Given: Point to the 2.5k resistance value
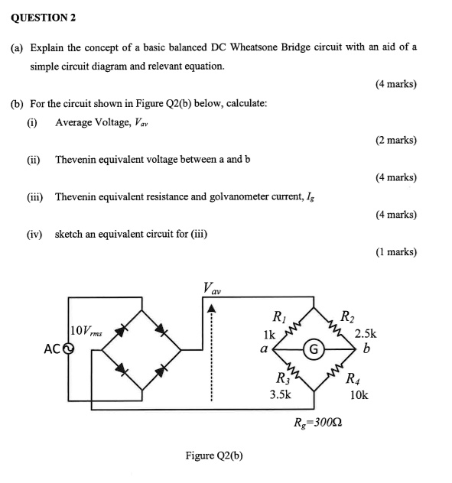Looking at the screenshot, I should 366,334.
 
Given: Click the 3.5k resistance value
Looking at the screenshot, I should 281,394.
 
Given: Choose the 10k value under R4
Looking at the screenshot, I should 359,395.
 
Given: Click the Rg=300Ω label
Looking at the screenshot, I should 318,422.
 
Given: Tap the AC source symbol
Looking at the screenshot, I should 68,349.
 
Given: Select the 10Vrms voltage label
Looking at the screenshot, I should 86,331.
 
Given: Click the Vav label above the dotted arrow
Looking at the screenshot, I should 212,288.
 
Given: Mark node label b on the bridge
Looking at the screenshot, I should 367,350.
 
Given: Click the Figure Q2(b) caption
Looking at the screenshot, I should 214,455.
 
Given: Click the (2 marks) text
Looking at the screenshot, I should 396,140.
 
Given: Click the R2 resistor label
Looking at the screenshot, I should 346,317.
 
